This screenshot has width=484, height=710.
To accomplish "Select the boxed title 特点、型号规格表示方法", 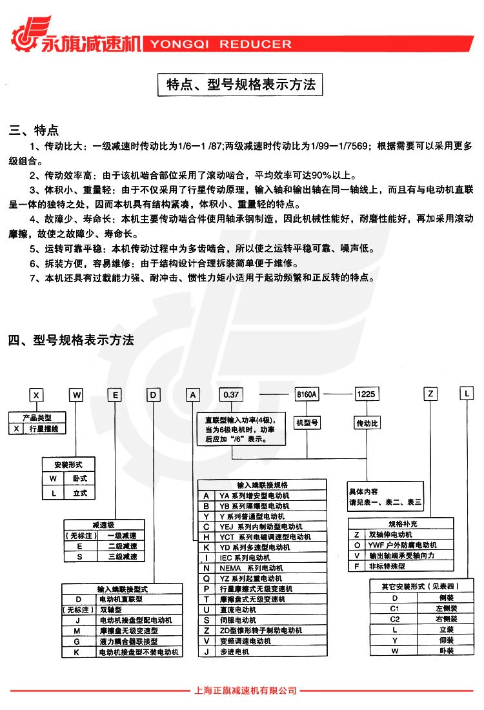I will (x=241, y=85).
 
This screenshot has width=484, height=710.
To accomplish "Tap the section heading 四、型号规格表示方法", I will (x=71, y=340).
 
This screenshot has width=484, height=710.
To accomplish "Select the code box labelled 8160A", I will (x=307, y=393).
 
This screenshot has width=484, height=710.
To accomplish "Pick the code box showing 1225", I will (x=367, y=393).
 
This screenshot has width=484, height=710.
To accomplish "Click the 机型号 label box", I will (x=308, y=423).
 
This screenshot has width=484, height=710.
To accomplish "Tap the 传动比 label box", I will (x=367, y=423).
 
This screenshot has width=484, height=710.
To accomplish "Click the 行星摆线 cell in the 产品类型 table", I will (x=50, y=429).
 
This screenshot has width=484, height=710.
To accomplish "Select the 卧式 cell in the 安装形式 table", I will (x=79, y=478).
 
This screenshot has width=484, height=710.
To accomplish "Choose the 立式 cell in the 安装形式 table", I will (x=79, y=493).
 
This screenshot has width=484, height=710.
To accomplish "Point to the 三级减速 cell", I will (x=123, y=556).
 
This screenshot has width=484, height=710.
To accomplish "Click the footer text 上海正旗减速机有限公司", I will (x=245, y=691).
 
